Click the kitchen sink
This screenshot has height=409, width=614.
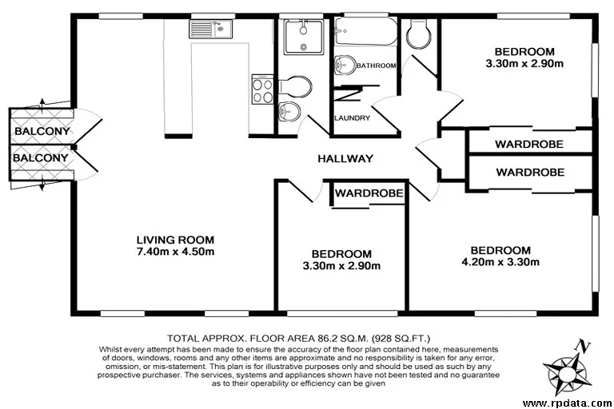click(210, 30)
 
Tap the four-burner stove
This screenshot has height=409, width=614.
click(262, 88)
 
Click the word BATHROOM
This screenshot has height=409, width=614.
click(376, 66)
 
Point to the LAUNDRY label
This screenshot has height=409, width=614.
click(353, 118)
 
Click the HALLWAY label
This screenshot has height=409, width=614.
click(345, 158)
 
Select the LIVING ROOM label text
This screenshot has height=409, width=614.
click(175, 239)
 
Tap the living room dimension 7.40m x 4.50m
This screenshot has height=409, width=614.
click(175, 252)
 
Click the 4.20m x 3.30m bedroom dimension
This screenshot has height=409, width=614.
click(500, 261)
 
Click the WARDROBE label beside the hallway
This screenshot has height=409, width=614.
click(369, 193)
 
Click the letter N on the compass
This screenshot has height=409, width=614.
click(584, 347)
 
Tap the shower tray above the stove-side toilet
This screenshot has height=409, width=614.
click(303, 35)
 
